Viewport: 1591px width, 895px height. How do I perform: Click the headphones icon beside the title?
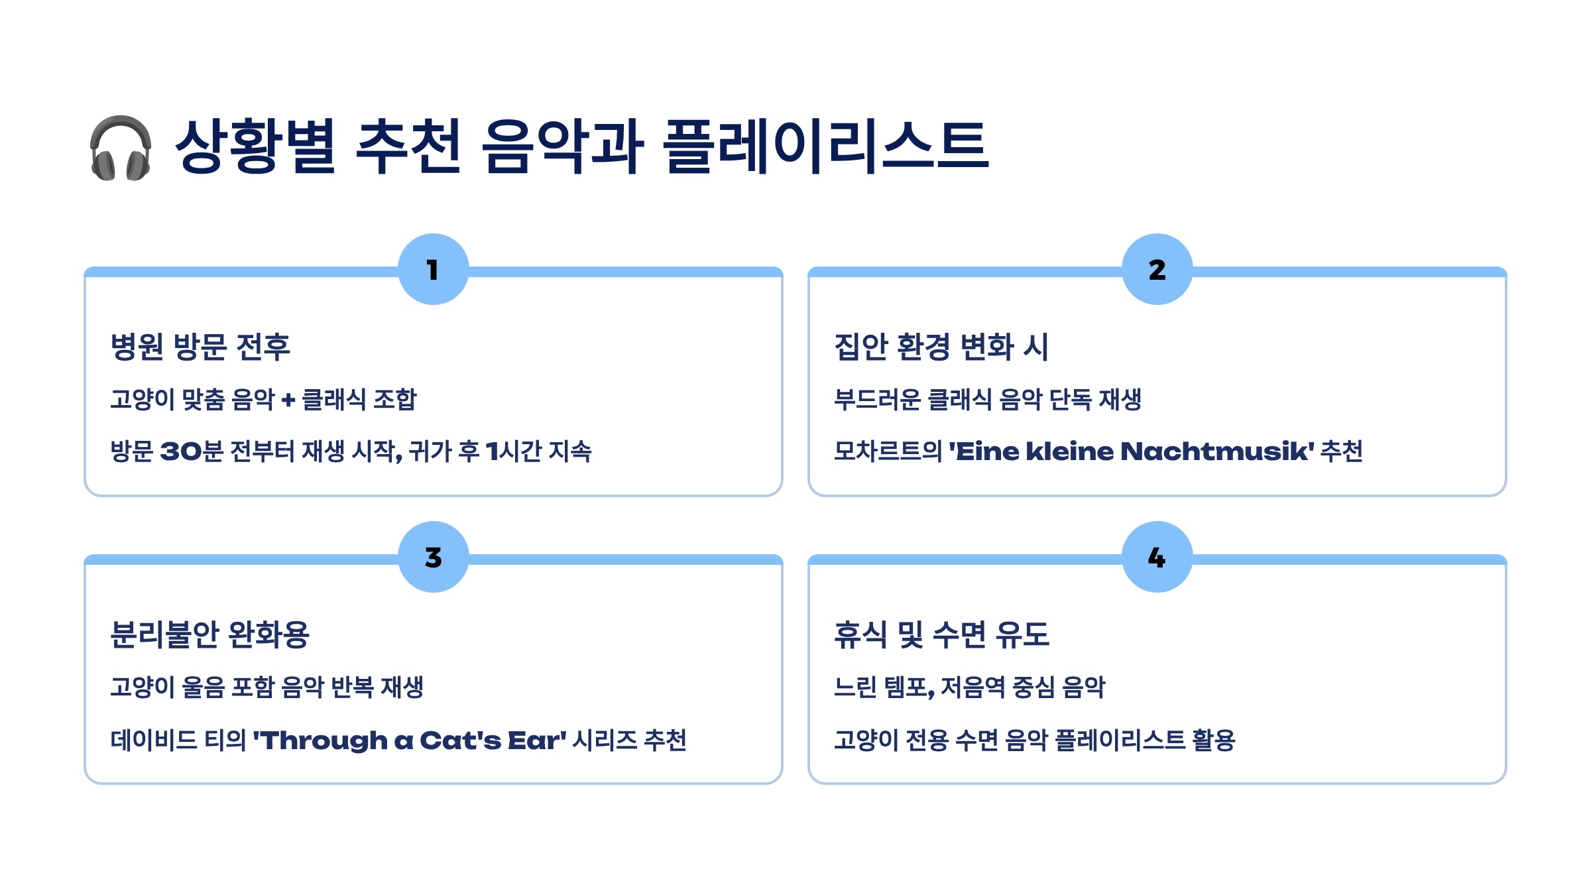pyautogui.click(x=121, y=147)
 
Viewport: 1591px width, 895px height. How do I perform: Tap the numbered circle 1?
pyautogui.click(x=434, y=269)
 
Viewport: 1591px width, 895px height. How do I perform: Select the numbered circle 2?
pyautogui.click(x=1157, y=269)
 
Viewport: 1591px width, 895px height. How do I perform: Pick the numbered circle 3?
pyautogui.click(x=434, y=557)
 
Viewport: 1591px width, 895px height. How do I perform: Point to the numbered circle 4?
pyautogui.click(x=1157, y=557)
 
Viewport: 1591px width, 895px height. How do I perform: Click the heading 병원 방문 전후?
pyautogui.click(x=200, y=347)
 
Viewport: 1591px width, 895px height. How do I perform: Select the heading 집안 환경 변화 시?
pyautogui.click(x=941, y=347)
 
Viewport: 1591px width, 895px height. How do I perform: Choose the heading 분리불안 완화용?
pyautogui.click(x=209, y=634)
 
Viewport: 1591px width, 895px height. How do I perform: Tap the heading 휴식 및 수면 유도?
pyautogui.click(x=941, y=634)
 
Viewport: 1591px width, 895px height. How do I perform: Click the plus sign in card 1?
pyautogui.click(x=288, y=400)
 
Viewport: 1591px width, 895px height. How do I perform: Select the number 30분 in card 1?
pyautogui.click(x=192, y=451)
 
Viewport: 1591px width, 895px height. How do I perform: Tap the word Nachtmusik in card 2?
pyautogui.click(x=1217, y=451)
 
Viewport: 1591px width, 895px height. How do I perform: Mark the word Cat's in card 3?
pyautogui.click(x=460, y=741)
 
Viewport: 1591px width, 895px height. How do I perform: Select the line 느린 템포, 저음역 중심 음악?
pyautogui.click(x=969, y=687)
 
